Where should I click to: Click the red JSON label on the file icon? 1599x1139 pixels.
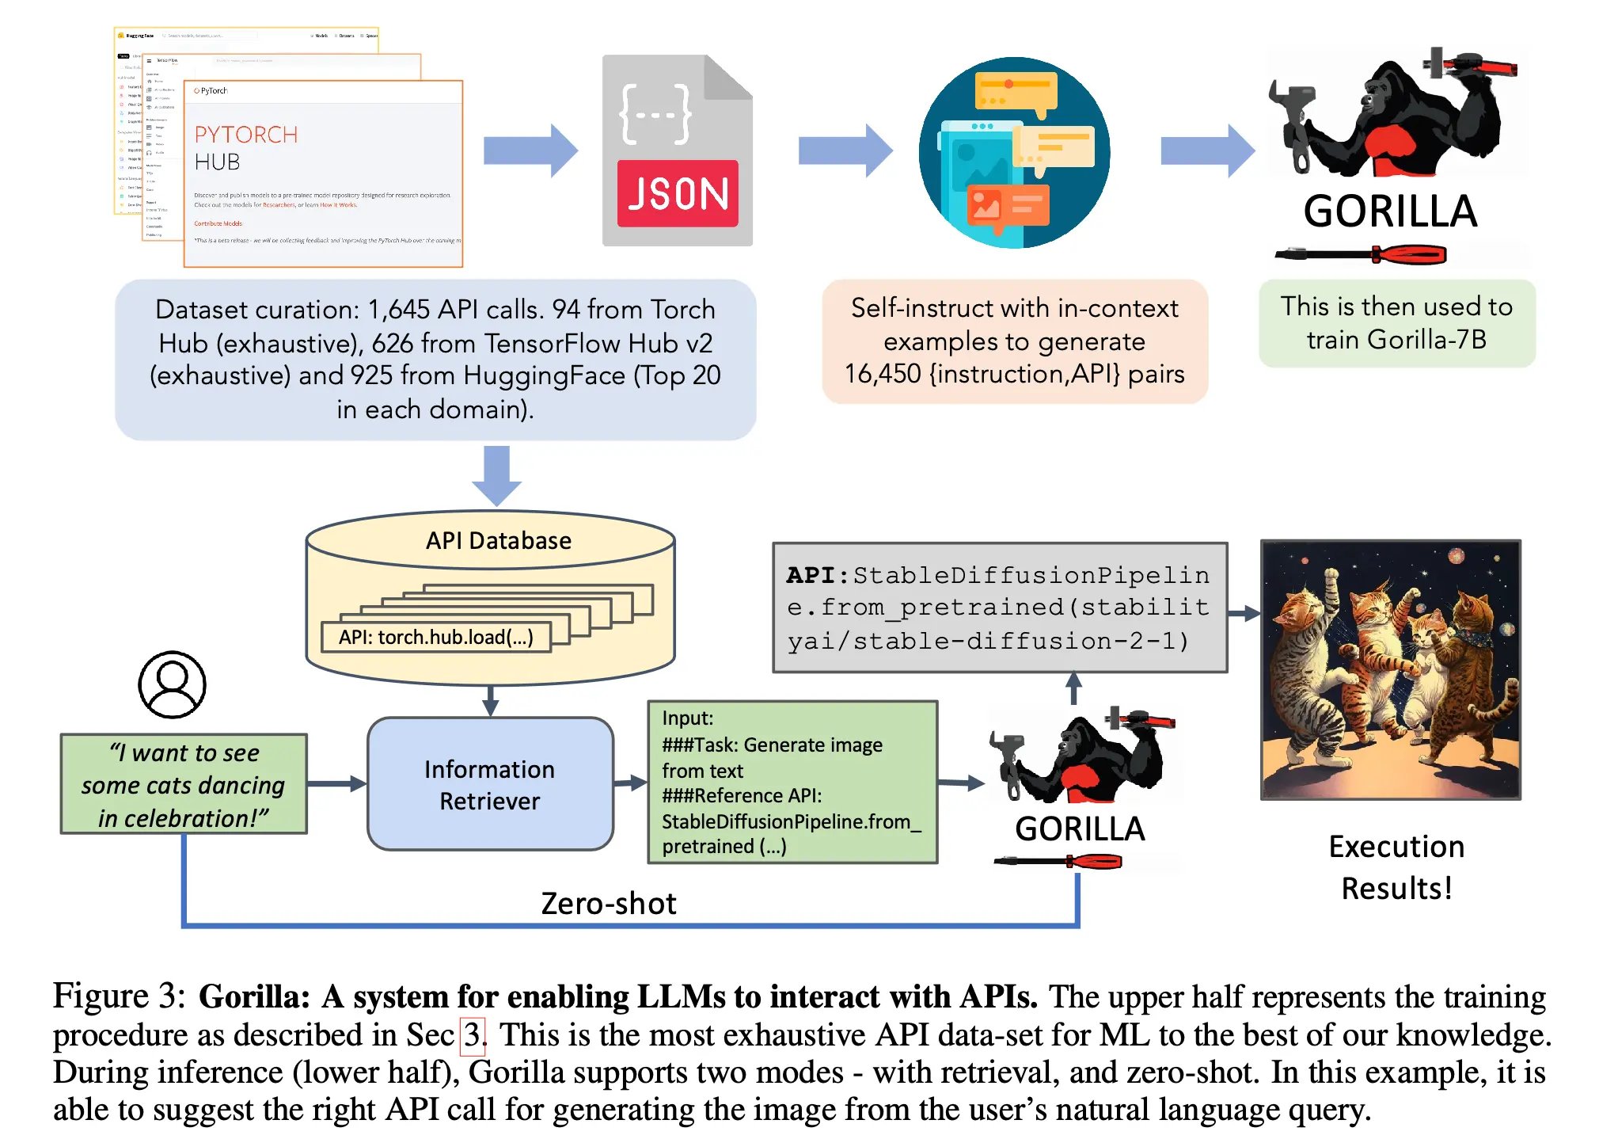[x=677, y=194]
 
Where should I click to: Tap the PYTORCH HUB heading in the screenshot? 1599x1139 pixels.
[x=245, y=148]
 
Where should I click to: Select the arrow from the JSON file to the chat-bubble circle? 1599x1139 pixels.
[x=845, y=150]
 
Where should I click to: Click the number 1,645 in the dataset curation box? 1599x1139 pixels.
[x=398, y=310]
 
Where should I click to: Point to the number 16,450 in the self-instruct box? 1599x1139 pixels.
[x=883, y=374]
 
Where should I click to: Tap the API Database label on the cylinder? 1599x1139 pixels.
[x=498, y=541]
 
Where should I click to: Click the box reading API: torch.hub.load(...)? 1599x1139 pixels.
[x=435, y=638]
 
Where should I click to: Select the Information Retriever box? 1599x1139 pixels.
[x=490, y=784]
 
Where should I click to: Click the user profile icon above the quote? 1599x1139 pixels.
[x=172, y=684]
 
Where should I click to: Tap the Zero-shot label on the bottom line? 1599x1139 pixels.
[x=608, y=904]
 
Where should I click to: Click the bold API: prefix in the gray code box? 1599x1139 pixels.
[x=817, y=575]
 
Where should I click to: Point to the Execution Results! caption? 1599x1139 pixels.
[x=1396, y=867]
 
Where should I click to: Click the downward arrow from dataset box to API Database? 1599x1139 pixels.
[x=496, y=475]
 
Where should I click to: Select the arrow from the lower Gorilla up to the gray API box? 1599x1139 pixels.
[x=1073, y=688]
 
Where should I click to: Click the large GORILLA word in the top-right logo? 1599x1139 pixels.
[x=1390, y=212]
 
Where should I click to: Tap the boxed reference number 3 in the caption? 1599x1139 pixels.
[x=473, y=1035]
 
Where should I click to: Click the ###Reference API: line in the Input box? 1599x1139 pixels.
[x=742, y=796]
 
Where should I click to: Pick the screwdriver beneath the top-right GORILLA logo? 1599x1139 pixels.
[x=1361, y=255]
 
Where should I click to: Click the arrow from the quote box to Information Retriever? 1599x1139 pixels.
[x=336, y=783]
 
